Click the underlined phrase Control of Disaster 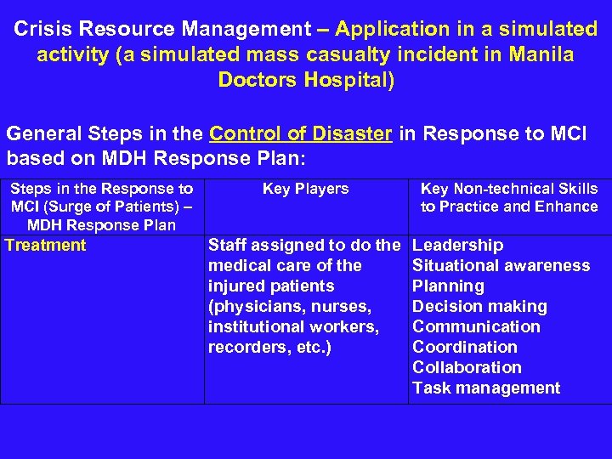pos(301,134)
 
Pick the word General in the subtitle pos(40,134)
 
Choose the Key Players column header pos(305,189)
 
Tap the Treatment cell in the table pos(46,246)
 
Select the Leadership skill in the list pos(457,246)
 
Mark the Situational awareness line pos(501,266)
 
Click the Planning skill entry pos(448,286)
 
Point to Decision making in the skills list pos(479,307)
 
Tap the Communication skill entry pos(476,327)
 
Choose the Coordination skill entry pos(464,348)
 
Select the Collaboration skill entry pos(467,368)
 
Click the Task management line pos(485,388)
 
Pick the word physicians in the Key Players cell pos(258,307)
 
